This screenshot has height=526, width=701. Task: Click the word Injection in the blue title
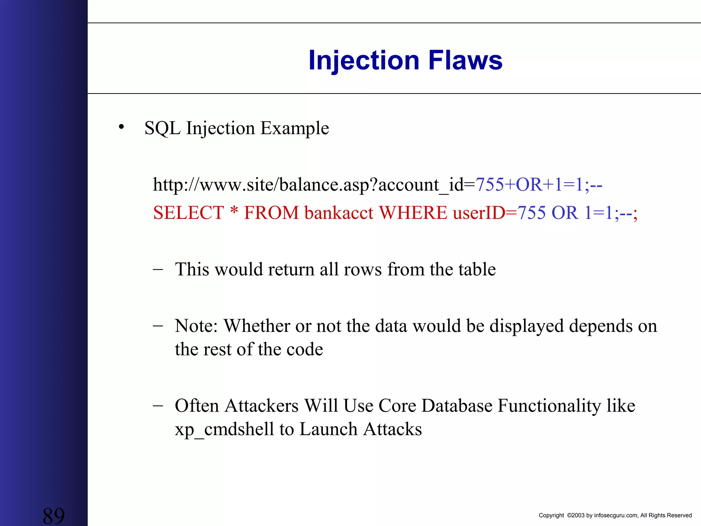364,61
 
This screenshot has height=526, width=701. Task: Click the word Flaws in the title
465,61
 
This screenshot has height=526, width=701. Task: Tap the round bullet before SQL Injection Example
121,127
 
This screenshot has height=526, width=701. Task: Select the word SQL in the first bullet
162,128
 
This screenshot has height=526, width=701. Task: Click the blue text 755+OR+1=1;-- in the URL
539,185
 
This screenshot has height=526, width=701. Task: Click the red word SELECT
189,213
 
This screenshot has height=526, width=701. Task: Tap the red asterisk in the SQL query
234,211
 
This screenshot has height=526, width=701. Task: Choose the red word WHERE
413,213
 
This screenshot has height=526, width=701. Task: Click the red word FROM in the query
271,213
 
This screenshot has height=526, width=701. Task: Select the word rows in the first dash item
362,269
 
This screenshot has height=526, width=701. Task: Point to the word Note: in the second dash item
196,326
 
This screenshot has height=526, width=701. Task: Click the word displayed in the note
526,326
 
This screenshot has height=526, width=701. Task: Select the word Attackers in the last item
262,406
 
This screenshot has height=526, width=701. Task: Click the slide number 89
54,516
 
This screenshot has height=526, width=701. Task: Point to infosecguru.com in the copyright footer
616,515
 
